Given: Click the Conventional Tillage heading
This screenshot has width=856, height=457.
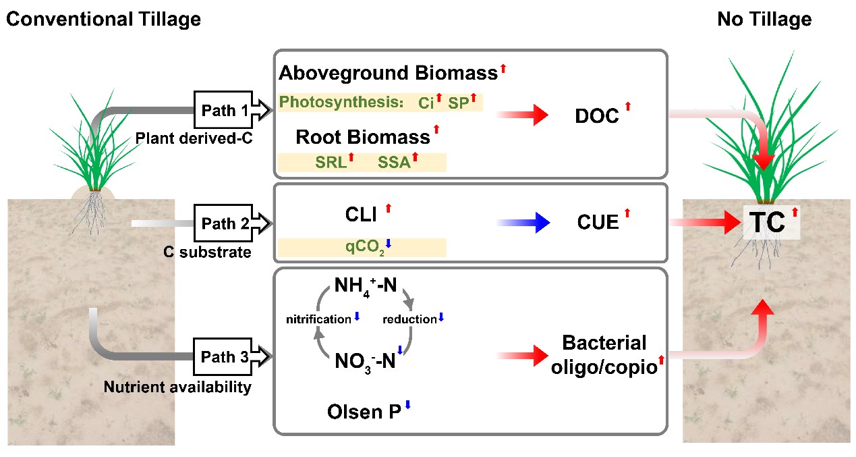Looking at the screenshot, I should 103,19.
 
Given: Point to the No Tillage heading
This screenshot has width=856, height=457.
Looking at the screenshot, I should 765,19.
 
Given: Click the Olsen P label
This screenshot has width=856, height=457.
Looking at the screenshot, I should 365,411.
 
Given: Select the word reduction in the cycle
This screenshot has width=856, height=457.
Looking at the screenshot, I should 409,319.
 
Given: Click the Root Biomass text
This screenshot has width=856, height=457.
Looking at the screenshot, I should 362,137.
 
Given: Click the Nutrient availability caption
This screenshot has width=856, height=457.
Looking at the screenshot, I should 177,387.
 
